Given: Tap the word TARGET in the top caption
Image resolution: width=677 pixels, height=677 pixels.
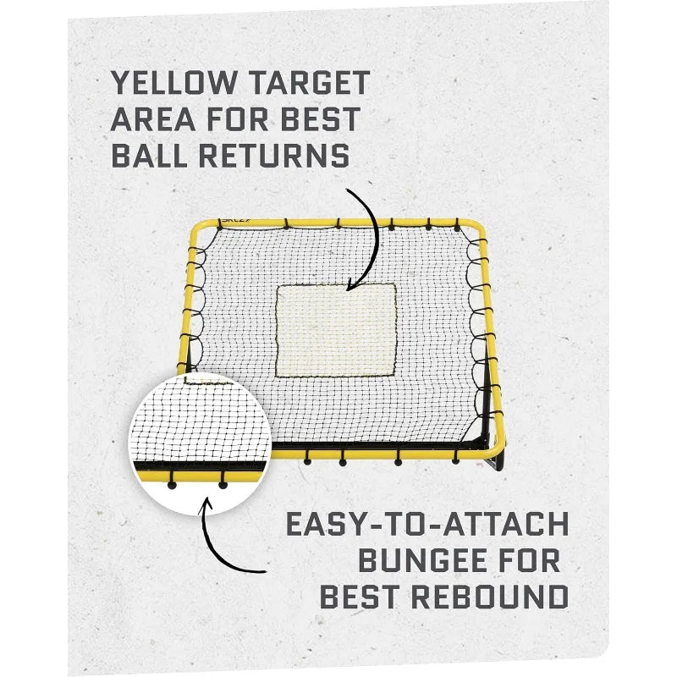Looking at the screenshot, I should point(310,83).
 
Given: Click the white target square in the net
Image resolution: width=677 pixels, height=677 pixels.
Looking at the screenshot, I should point(336,329).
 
